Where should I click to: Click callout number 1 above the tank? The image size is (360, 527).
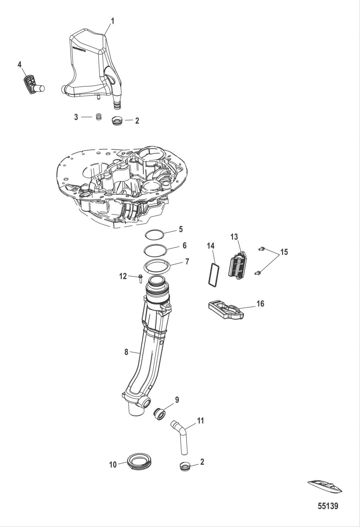pyautogui.click(x=113, y=21)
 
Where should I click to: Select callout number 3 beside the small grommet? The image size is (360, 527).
pyautogui.click(x=76, y=117)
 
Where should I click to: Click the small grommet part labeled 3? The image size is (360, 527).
pyautogui.click(x=99, y=117)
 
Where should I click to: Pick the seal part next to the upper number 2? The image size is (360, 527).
pyautogui.click(x=117, y=121)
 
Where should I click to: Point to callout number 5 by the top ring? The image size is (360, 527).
pyautogui.click(x=181, y=229)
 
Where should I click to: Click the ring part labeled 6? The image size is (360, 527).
pyautogui.click(x=155, y=249)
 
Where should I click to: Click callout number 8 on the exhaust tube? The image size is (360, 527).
pyautogui.click(x=126, y=352)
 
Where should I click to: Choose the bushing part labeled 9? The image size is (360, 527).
pyautogui.click(x=160, y=413)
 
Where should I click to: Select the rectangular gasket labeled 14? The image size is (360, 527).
pyautogui.click(x=213, y=273)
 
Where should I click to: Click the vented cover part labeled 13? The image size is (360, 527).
pyautogui.click(x=239, y=264)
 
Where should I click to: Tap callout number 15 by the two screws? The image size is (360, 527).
pyautogui.click(x=284, y=252)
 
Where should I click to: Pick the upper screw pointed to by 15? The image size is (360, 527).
pyautogui.click(x=262, y=248)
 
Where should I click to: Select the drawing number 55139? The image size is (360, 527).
pyautogui.click(x=328, y=506)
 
